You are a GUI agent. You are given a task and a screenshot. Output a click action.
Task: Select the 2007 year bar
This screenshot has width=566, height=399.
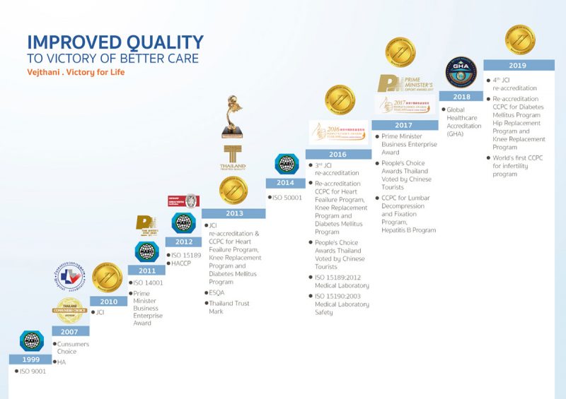point(69,331)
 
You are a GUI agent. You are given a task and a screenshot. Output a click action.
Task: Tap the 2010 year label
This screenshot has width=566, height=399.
point(108,301)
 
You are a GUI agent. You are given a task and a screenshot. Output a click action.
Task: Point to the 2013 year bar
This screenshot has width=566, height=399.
point(234,213)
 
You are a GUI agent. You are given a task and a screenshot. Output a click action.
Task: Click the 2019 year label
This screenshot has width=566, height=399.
point(519,65)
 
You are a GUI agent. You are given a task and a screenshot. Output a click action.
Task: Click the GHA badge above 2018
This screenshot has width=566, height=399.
point(461,73)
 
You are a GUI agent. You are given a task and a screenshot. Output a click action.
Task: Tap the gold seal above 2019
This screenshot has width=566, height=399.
point(519,40)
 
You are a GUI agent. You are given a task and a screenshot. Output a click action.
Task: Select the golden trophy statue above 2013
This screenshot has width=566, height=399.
point(233,117)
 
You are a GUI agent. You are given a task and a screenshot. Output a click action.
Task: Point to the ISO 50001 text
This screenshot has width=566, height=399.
point(287,198)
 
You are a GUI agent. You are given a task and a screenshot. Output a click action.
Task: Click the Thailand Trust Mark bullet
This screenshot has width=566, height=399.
point(226,307)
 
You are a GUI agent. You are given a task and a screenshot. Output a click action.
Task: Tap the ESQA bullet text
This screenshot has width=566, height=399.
point(217,292)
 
